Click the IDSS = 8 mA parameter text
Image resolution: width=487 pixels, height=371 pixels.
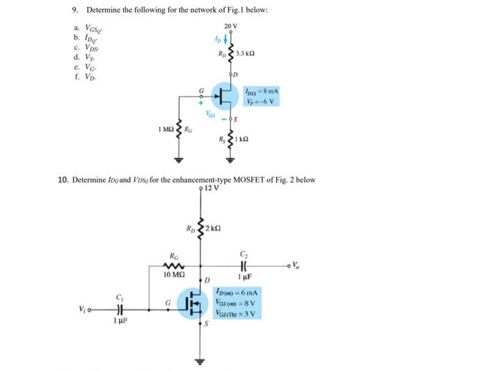(261, 91)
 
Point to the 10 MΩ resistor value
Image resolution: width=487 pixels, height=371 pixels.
(173, 276)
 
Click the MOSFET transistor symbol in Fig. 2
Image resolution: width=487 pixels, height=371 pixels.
(194, 304)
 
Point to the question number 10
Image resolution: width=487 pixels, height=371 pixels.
(61, 180)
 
